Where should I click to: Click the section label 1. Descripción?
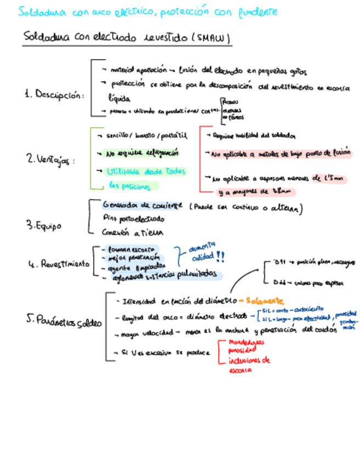(54, 94)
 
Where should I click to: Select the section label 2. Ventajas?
(49, 160)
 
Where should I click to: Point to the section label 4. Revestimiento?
(58, 264)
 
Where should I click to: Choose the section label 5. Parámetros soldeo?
(64, 322)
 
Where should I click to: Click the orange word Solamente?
(265, 301)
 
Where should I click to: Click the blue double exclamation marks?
(220, 256)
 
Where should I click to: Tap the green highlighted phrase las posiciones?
(129, 186)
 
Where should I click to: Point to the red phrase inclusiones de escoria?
(245, 365)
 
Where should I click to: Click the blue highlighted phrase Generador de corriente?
(142, 206)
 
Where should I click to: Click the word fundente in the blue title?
(258, 12)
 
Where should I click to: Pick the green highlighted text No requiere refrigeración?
(141, 153)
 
